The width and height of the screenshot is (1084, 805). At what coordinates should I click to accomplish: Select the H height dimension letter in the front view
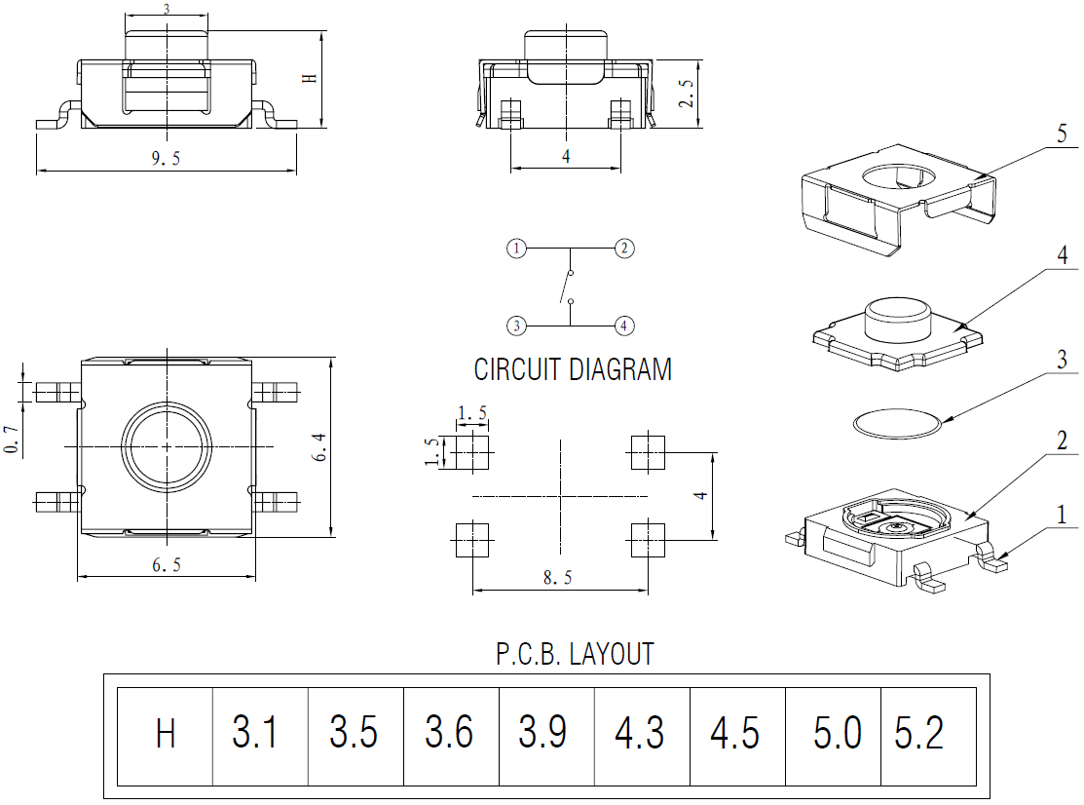(311, 78)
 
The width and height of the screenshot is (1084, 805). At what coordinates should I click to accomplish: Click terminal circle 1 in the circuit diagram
(517, 249)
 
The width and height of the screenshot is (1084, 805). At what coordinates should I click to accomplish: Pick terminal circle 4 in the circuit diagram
(624, 326)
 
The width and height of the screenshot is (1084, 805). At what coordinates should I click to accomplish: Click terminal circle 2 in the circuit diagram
(624, 249)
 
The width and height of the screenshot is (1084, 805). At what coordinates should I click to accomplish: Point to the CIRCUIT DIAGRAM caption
(573, 370)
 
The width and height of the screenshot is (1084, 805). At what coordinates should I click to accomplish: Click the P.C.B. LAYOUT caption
(575, 653)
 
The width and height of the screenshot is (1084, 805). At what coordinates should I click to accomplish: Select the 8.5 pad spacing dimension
(557, 579)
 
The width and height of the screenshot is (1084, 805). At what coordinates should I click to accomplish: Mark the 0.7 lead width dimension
(11, 439)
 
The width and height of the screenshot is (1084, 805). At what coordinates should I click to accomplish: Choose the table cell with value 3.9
(544, 732)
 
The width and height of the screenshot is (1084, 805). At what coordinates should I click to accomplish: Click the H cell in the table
(166, 733)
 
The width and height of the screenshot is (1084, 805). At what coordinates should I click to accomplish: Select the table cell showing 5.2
(919, 732)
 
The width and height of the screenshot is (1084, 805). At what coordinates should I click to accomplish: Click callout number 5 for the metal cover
(1063, 134)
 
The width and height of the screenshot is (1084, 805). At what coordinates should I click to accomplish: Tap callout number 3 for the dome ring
(1063, 360)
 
